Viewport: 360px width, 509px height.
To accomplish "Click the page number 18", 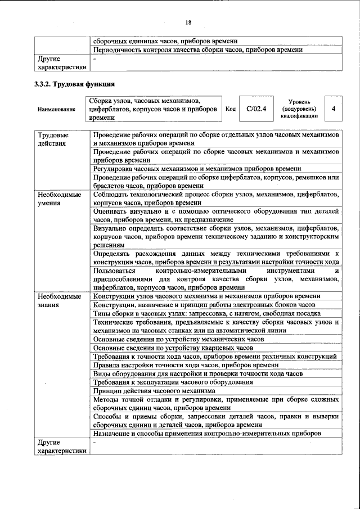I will pos(188,22).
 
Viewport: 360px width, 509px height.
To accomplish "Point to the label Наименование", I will pos(56,109).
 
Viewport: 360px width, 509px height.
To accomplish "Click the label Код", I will pos(230,109).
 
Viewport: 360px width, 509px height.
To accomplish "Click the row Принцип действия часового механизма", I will pos(154,391).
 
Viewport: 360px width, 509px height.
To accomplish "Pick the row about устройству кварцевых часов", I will pos(173,348).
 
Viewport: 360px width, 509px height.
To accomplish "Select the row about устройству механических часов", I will pos(178,339).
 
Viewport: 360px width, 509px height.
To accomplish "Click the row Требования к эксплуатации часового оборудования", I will pos(173,382).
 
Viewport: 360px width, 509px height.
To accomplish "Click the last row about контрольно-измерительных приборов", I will pos(207,434).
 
